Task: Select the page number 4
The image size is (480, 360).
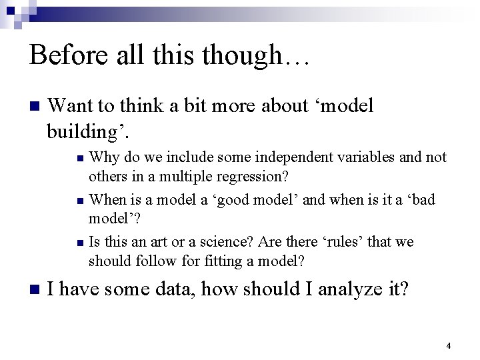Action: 448,346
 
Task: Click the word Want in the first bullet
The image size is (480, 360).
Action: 74,106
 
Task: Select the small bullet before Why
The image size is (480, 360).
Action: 80,159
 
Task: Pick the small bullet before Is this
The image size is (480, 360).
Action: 80,242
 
